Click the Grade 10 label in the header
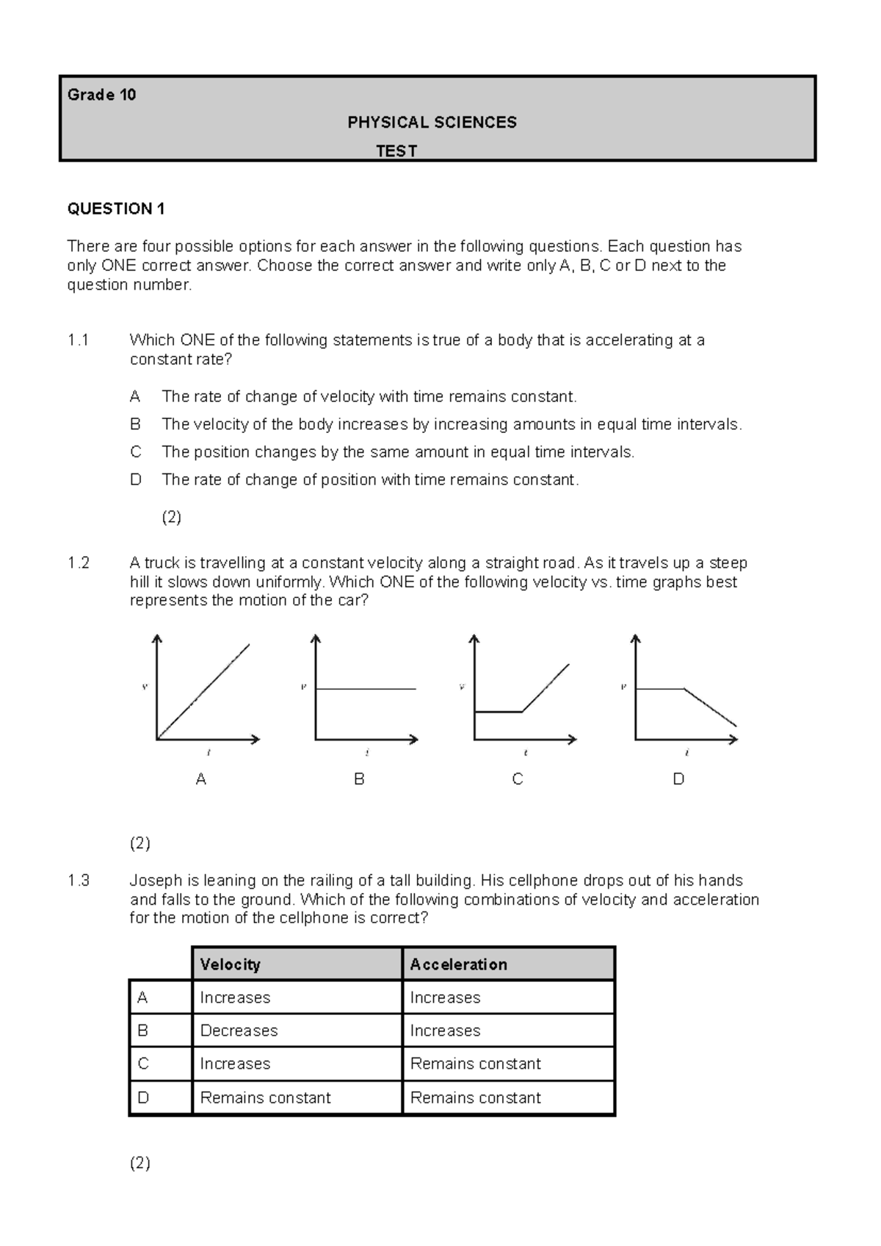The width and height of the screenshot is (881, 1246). click(x=101, y=95)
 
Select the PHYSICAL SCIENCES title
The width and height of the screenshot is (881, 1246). click(x=432, y=123)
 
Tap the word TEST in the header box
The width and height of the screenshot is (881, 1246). click(x=396, y=151)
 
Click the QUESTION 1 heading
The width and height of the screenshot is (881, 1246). click(x=116, y=209)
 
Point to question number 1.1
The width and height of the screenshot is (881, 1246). click(x=78, y=340)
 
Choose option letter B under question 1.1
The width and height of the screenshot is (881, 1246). click(x=135, y=424)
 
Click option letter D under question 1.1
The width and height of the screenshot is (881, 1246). click(x=135, y=480)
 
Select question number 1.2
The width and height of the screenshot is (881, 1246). click(x=78, y=564)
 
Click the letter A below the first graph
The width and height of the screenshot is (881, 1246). click(x=201, y=779)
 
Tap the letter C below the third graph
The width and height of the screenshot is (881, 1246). click(x=518, y=779)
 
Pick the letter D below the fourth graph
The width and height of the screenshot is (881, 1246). click(x=678, y=779)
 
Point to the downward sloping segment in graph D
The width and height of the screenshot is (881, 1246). click(x=710, y=707)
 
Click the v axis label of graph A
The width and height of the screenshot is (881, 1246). click(x=145, y=688)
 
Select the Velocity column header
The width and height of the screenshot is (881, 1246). click(x=230, y=964)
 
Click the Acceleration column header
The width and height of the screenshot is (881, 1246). click(x=458, y=964)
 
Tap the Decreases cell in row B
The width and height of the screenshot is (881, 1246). click(x=239, y=1031)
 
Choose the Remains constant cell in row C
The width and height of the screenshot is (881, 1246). click(x=475, y=1064)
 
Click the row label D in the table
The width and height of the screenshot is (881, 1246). click(x=143, y=1098)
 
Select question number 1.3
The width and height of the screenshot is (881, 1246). click(x=78, y=881)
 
